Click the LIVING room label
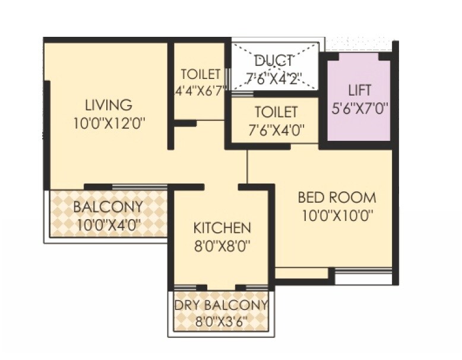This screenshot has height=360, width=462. click(108, 106)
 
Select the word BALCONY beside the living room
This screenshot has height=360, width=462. click(108, 207)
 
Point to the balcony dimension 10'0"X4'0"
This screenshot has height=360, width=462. click(108, 225)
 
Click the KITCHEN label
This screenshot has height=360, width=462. click(222, 228)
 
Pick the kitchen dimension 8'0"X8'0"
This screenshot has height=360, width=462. click(222, 245)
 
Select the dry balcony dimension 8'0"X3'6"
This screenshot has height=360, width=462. click(221, 322)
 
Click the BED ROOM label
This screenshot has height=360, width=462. click(337, 197)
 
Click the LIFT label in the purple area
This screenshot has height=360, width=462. click(360, 90)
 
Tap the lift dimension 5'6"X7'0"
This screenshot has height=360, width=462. click(360, 109)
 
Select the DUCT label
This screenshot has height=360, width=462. click(274, 61)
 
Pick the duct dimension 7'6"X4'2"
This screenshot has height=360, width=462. click(274, 78)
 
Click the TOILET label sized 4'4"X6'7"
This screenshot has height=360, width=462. click(201, 75)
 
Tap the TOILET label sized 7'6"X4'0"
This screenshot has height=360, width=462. click(276, 112)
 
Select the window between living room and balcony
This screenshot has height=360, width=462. click(140, 187)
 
